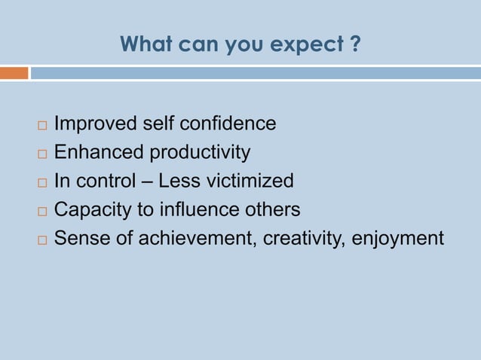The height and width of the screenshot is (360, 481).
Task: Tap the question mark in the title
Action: pos(354,44)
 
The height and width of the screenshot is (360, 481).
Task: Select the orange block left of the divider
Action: pos(14,73)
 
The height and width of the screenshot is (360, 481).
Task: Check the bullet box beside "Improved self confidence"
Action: pos(41,124)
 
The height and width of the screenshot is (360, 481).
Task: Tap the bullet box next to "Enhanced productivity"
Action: pos(41,153)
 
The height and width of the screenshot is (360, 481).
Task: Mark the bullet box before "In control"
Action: pos(41,182)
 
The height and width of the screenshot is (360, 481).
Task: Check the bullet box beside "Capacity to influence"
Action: pos(41,211)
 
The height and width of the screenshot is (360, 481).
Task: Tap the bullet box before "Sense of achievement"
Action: pos(41,239)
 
